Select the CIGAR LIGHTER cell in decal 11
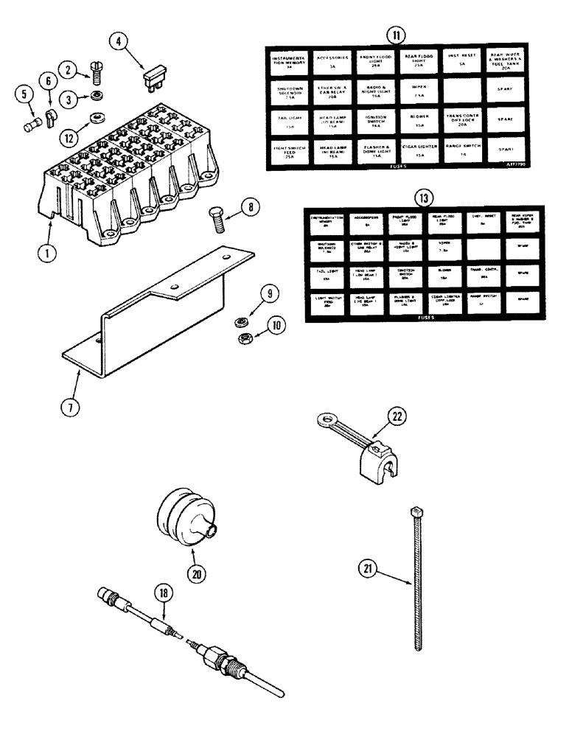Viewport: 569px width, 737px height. (420, 150)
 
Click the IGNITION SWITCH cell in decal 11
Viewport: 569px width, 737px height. (375, 120)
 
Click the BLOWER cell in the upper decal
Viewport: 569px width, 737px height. (420, 120)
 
